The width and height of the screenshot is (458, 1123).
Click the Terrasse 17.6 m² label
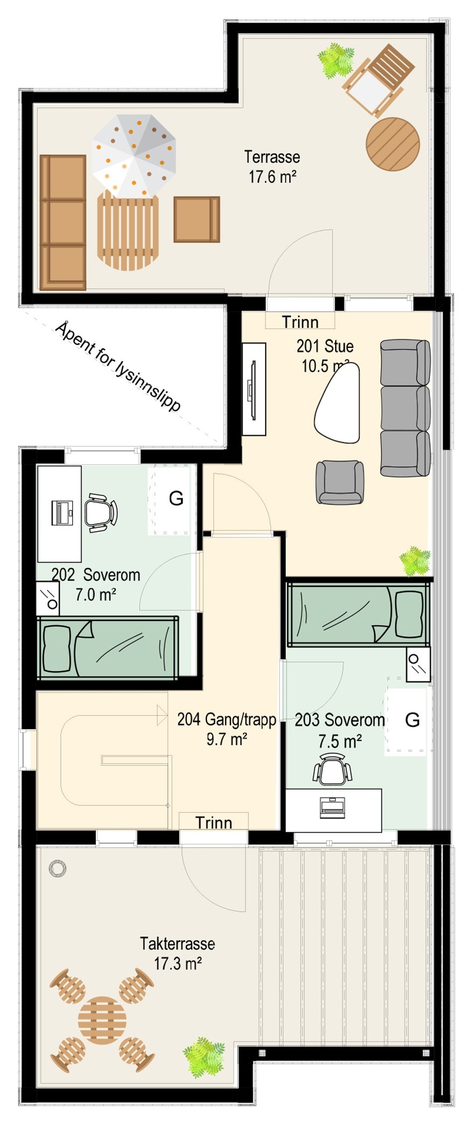point(272,166)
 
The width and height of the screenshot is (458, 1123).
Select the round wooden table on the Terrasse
point(393,144)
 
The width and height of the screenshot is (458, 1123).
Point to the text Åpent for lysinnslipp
point(118,366)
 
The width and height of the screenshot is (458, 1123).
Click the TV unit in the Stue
point(254,389)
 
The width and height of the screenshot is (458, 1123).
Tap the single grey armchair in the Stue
point(339,482)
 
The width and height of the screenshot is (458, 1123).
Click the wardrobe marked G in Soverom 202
point(171,499)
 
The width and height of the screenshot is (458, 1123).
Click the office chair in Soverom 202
point(100,512)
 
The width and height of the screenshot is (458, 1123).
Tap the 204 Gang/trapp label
point(227,729)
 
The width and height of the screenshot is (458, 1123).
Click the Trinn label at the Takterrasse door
point(213,822)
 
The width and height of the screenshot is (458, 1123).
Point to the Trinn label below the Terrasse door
point(300,322)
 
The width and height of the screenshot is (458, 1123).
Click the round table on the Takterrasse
point(102,1020)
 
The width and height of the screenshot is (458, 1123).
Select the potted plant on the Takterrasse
point(203,1057)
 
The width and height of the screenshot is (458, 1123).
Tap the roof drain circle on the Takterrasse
point(58,868)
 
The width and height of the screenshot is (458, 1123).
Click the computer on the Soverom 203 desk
point(332,806)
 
